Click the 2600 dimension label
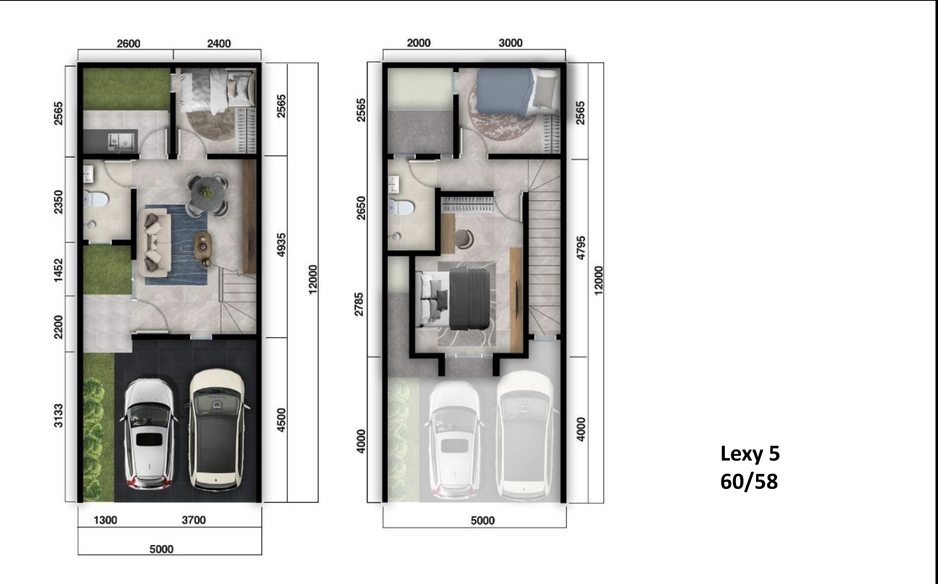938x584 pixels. click(128, 44)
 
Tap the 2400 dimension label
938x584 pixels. click(219, 44)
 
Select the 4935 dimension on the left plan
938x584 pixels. click(282, 244)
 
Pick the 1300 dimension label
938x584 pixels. click(105, 520)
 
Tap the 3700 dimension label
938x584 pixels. click(194, 520)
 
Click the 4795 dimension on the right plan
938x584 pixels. click(580, 248)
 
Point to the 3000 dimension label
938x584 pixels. click(510, 43)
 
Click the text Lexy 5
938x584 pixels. click(750, 454)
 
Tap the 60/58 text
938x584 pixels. click(749, 481)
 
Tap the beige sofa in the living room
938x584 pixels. click(154, 242)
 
